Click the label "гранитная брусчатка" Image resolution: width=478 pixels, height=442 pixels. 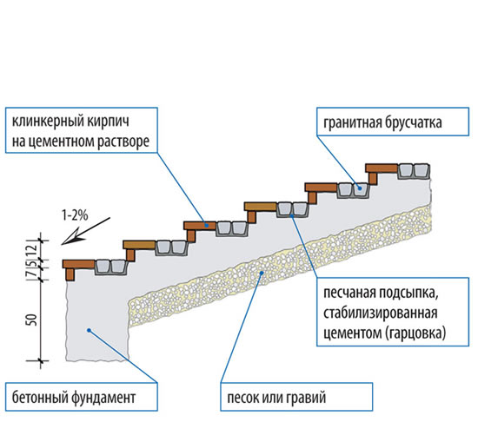(x=380, y=123)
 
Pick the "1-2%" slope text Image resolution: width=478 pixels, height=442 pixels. (x=73, y=212)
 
